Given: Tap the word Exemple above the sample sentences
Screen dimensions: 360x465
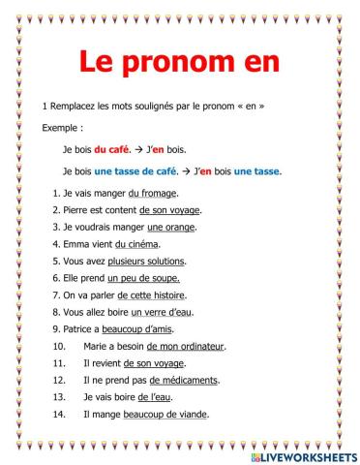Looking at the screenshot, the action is click(62, 128).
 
